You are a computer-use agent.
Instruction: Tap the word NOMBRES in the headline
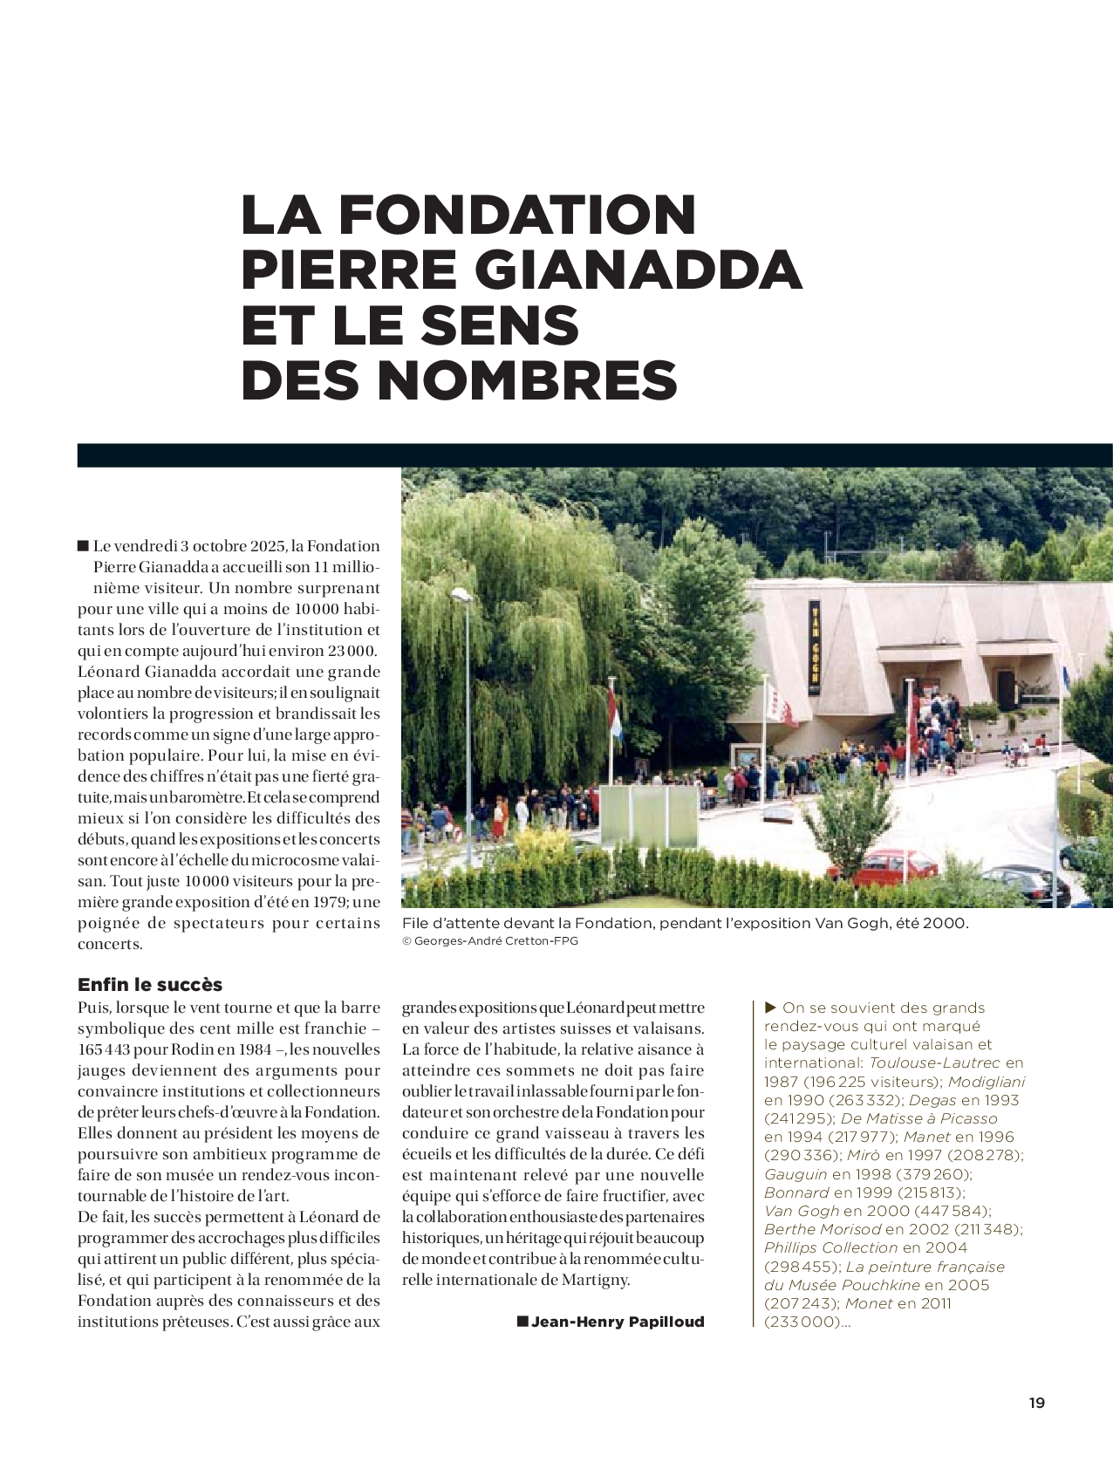527,380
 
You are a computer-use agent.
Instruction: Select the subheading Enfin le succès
150,985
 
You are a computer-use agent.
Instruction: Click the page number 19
1036,1403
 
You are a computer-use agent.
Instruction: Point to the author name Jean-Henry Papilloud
618,1322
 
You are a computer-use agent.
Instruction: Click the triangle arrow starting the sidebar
770,1008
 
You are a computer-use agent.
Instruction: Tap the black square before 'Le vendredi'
84,546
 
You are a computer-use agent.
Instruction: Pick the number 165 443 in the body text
104,1049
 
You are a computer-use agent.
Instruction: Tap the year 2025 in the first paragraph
267,546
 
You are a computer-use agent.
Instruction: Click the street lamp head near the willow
461,595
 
